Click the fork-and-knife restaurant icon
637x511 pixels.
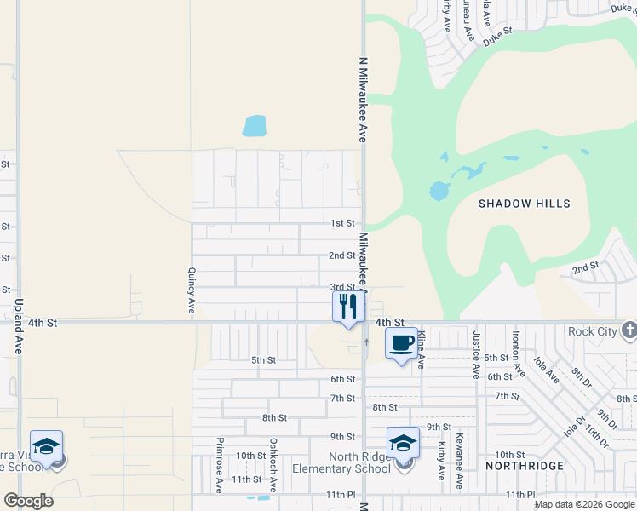tap(348, 306)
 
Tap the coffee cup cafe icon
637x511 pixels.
tap(402, 342)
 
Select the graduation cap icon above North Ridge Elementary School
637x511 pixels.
tap(403, 443)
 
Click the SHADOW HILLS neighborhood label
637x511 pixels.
tap(524, 204)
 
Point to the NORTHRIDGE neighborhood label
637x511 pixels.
tap(525, 466)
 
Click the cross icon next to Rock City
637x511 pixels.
tap(628, 330)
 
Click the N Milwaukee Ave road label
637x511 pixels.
tap(362, 100)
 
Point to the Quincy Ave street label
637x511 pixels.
tap(192, 290)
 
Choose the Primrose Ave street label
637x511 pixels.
tap(220, 465)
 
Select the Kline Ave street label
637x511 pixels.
tap(420, 350)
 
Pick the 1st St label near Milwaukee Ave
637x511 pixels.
tap(342, 223)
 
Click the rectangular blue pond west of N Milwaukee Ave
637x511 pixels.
tap(254, 126)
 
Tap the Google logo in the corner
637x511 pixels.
tap(28, 501)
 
